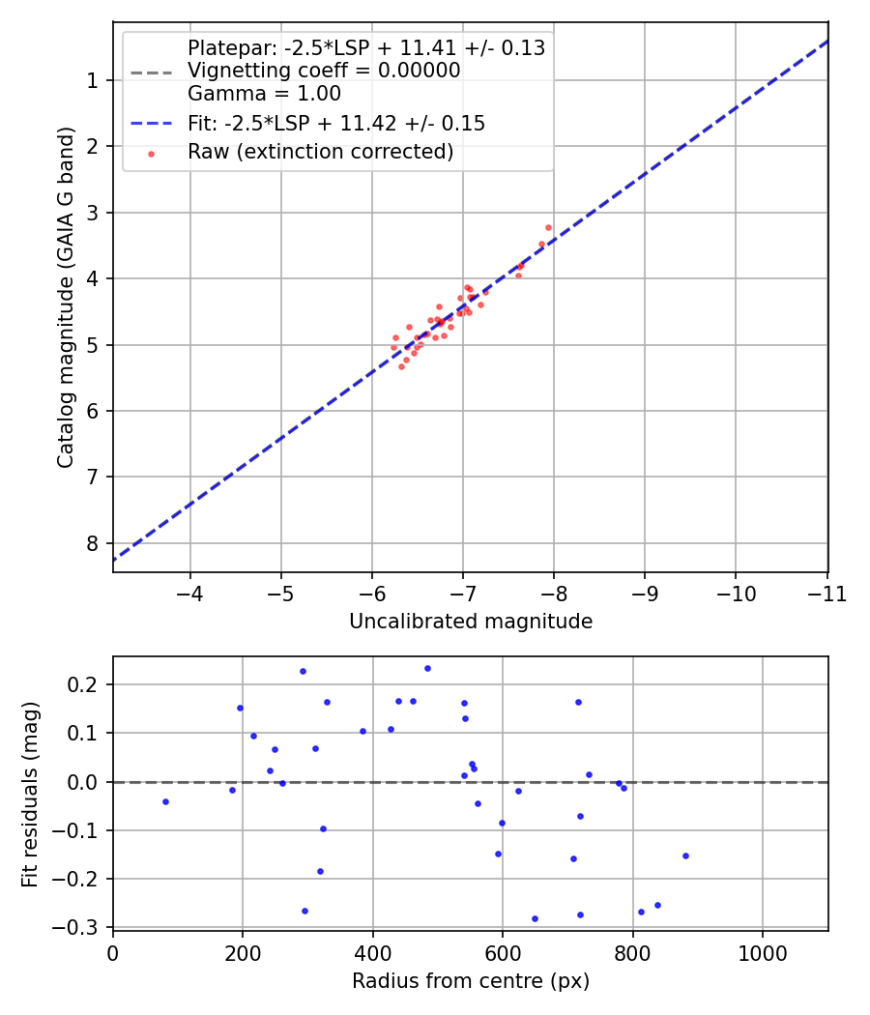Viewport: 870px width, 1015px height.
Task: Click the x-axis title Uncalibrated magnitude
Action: pos(470,622)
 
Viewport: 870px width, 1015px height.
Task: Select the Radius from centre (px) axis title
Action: pos(470,980)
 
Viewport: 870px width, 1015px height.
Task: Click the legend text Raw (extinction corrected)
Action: pos(320,152)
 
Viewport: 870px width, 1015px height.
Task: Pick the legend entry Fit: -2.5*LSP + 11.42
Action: pos(335,124)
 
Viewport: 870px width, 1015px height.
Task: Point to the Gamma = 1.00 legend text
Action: pos(264,94)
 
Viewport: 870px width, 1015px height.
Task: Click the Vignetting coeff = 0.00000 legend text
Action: pos(324,71)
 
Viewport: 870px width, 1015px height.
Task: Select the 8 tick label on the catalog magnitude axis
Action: pos(93,543)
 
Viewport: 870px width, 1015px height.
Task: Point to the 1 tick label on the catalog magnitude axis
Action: pos(93,80)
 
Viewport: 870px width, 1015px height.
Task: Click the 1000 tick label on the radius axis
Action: pos(763,952)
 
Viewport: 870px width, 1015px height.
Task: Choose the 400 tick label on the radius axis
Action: pos(373,952)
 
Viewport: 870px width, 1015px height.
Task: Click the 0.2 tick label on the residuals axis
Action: pos(87,685)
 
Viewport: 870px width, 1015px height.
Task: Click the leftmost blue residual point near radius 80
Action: pos(165,801)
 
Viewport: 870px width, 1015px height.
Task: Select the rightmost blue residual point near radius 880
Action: pos(685,855)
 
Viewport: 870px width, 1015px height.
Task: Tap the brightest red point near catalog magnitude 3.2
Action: pos(548,227)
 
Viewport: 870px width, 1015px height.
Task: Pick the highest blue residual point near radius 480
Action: pos(427,668)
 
